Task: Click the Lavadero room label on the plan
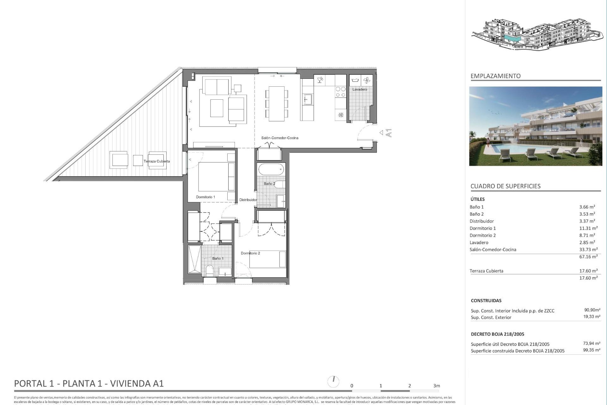tap(360, 90)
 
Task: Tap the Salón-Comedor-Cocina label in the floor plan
tap(280, 138)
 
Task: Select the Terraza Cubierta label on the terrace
tap(157, 161)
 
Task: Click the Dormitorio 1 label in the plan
tap(205, 197)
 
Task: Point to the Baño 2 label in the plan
tap(269, 184)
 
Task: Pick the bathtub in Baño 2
tap(271, 170)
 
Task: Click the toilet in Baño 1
tap(210, 271)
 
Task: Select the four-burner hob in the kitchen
tap(340, 92)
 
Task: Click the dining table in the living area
tap(277, 103)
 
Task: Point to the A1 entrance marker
tap(389, 133)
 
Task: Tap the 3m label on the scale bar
tap(437, 386)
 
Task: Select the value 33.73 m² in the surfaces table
tap(588, 250)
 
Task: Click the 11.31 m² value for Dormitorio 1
tap(588, 228)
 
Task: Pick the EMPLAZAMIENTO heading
tap(495, 76)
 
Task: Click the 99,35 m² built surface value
tap(592, 350)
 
